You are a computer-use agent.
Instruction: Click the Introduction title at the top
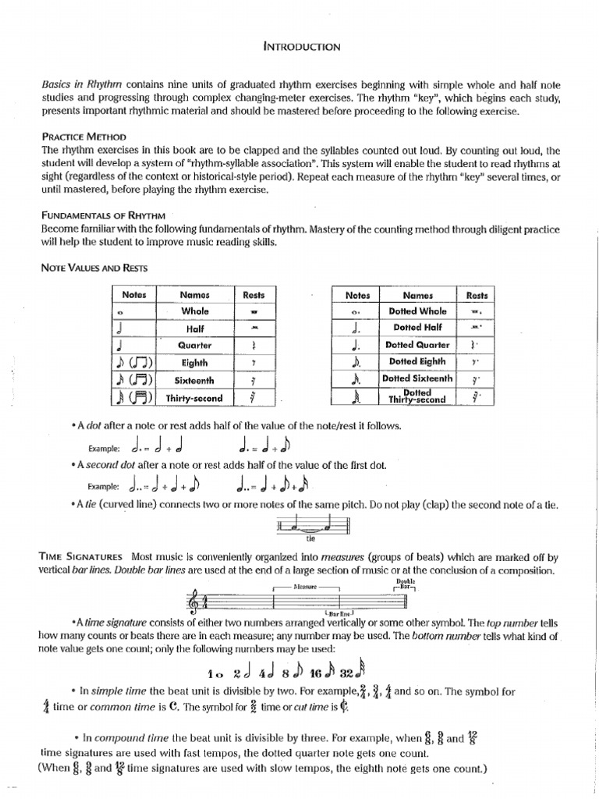(x=302, y=47)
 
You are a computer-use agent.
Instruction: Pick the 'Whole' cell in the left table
(x=195, y=311)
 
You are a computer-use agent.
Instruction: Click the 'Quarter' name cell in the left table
(x=195, y=345)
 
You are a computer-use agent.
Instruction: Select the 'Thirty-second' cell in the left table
(x=195, y=398)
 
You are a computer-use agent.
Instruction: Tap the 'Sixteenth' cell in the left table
(x=195, y=380)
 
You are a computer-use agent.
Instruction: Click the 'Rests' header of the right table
(x=477, y=295)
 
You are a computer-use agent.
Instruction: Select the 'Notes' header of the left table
(x=134, y=295)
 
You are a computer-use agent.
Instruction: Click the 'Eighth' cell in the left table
(x=195, y=362)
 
